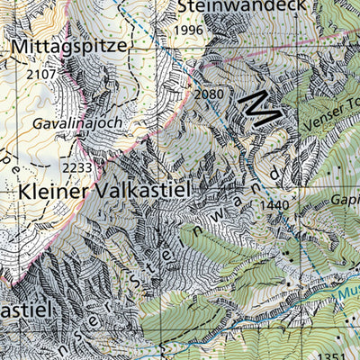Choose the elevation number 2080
tap(208, 94)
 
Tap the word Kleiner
tap(59, 192)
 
